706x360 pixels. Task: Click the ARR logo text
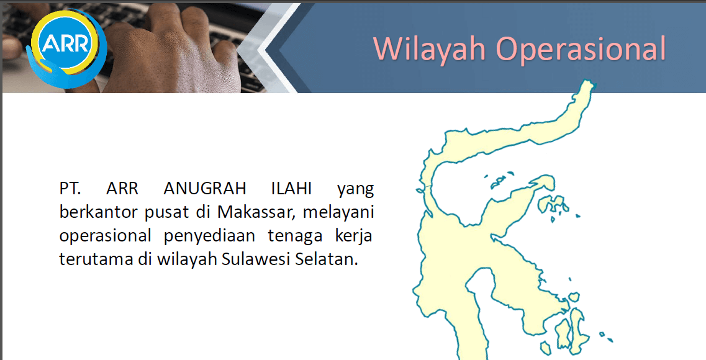66,44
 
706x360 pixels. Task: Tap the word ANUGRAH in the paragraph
205,188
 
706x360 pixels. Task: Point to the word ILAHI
291,188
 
